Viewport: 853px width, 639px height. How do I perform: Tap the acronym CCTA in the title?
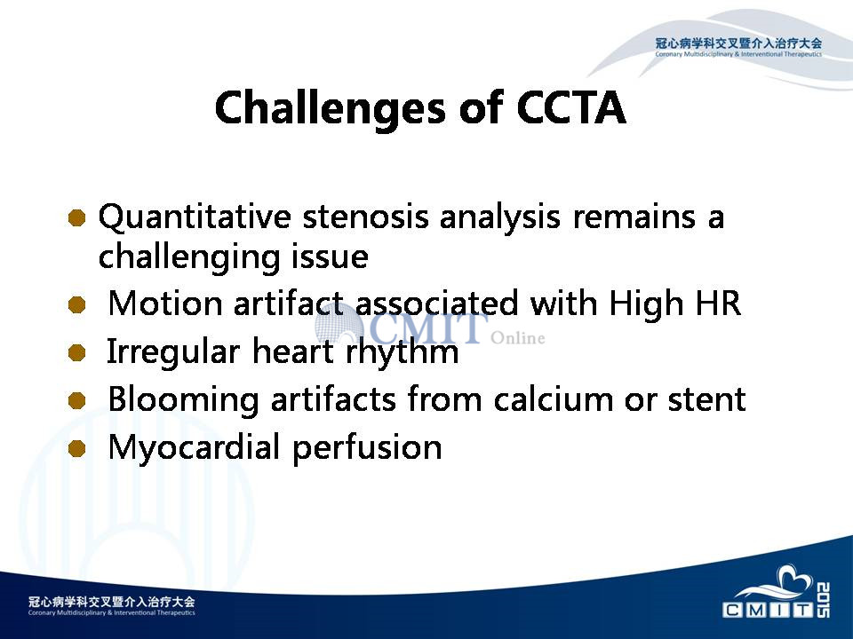click(x=571, y=107)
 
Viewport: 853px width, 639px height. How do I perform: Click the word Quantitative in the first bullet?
click(x=195, y=217)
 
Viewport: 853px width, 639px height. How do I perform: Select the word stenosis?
click(x=365, y=217)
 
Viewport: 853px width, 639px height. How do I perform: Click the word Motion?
click(x=165, y=303)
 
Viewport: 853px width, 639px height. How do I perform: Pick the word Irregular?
click(x=173, y=351)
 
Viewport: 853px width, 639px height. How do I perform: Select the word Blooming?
click(x=183, y=400)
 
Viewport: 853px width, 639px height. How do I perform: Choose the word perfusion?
click(x=367, y=448)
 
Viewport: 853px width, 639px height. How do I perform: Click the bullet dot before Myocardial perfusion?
click(x=77, y=448)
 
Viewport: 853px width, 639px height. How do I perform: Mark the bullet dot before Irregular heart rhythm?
click(x=77, y=352)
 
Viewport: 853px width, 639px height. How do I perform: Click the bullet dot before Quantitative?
click(x=77, y=217)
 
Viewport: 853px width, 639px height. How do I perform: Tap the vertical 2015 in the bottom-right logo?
click(x=824, y=599)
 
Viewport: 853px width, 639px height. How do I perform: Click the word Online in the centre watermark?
click(x=517, y=338)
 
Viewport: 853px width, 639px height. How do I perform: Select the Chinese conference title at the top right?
click(x=738, y=43)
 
